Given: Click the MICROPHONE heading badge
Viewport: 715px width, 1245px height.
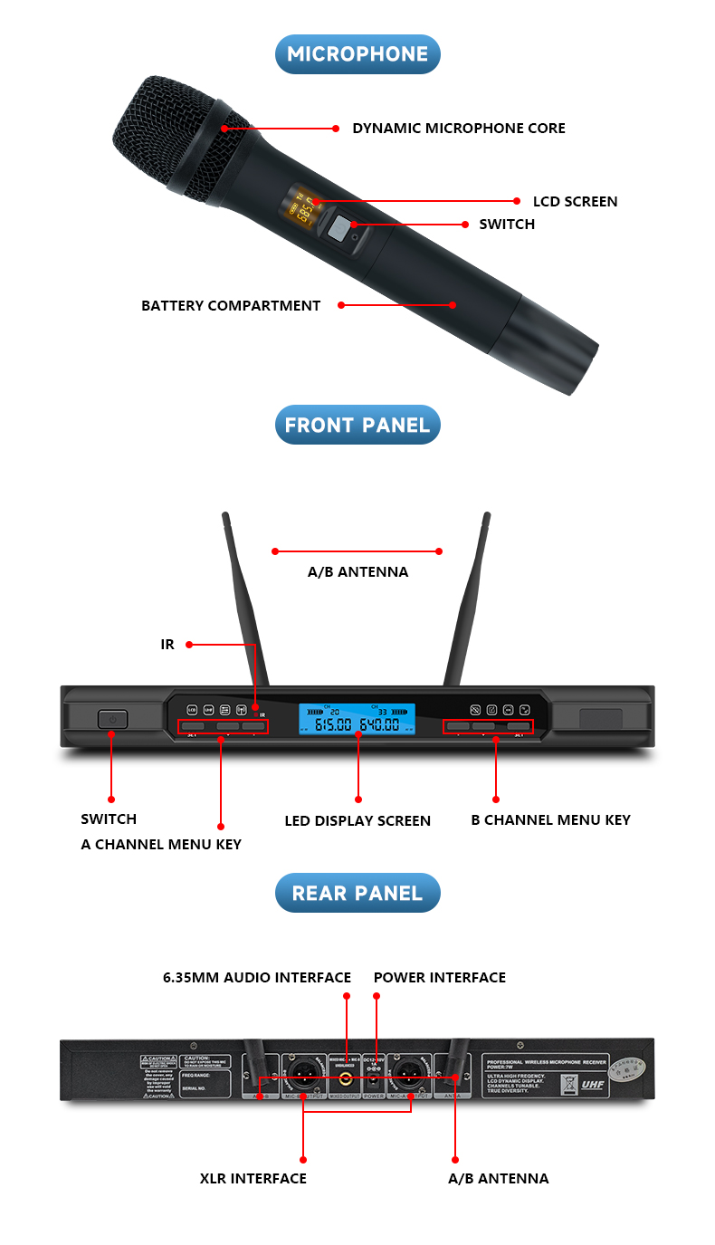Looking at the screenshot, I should [x=357, y=54].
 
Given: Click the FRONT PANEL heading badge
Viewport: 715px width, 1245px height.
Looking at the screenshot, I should [x=357, y=425].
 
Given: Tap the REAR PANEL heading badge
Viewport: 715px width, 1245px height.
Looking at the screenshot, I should [x=357, y=893].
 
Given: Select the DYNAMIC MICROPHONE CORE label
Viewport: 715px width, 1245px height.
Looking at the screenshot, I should [x=459, y=129].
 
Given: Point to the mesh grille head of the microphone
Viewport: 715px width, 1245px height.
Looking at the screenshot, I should [x=176, y=136].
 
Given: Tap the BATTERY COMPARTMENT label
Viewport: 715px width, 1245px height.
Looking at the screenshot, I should [x=231, y=306].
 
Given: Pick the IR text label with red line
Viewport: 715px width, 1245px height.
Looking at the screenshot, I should [x=167, y=645].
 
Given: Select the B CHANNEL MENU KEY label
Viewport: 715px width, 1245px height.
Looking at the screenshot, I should [x=550, y=819].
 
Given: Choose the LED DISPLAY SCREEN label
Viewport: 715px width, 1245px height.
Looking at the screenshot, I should [x=357, y=820].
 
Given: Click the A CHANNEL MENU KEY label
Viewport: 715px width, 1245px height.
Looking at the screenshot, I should [x=161, y=844].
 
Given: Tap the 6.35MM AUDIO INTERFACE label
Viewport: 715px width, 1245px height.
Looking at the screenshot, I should [x=257, y=977].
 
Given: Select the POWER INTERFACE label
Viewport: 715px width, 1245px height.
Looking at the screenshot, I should [x=440, y=977].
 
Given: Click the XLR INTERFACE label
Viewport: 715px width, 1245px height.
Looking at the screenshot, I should [x=253, y=1178].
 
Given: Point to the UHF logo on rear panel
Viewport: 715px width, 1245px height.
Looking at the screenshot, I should [x=592, y=1082].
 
